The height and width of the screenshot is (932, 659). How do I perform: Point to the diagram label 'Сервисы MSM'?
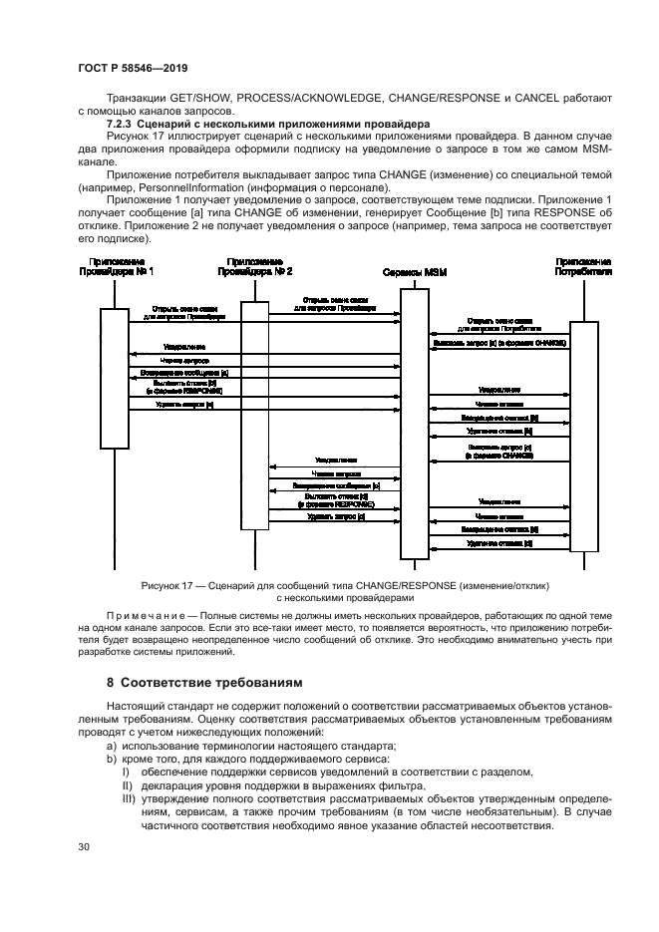[414, 270]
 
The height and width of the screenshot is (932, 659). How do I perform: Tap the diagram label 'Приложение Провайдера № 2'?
[254, 265]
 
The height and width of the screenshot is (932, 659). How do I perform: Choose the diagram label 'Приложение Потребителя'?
[583, 265]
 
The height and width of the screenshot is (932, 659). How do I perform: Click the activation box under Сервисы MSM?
[414, 424]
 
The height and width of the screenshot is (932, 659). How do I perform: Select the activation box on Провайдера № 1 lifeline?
[116, 379]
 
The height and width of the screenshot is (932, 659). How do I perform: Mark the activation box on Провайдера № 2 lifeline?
[254, 419]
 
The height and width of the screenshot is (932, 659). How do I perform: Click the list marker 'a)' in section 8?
[113, 747]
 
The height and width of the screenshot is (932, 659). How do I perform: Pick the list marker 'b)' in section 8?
[113, 760]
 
